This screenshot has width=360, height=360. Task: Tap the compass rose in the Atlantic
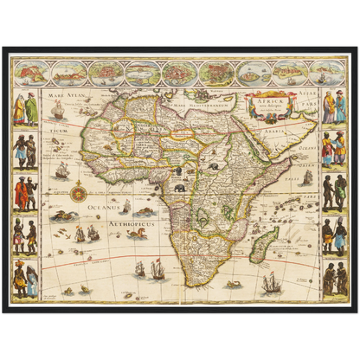coord(78,190)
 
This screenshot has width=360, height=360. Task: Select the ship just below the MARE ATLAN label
coord(59,110)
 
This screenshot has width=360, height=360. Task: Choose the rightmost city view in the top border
coord(327,72)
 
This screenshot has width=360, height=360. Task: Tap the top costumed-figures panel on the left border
coord(25,108)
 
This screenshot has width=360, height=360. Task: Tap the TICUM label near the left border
coord(58,131)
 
